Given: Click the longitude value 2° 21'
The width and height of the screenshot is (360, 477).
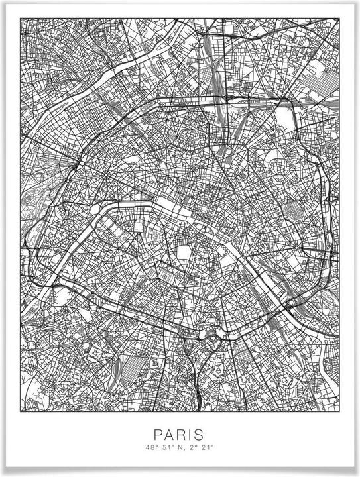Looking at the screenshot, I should click(x=198, y=448).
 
